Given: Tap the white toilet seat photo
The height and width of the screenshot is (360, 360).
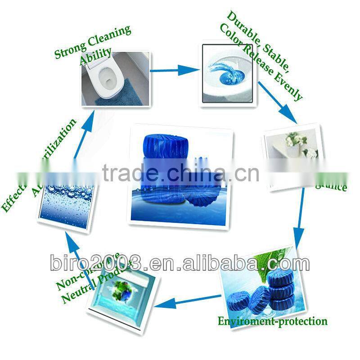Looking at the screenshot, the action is click(116, 78).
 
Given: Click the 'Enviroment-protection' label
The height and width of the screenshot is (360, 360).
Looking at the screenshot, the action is click(272, 321).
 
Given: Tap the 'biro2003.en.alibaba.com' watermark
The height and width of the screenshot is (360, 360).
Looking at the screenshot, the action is click(180, 263).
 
